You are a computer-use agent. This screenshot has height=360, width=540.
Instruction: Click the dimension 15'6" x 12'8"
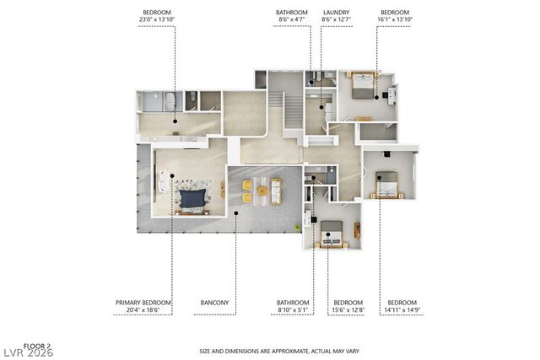click(348, 309)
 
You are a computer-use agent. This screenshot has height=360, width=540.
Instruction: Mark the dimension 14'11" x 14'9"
click(402, 309)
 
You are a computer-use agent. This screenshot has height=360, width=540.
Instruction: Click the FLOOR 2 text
click(37, 346)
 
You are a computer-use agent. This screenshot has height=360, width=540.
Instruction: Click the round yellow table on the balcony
click(262, 191)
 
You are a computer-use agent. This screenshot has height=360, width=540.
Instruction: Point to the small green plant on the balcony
click(296, 228)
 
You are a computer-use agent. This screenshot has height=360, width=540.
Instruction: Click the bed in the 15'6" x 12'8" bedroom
click(331, 235)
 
